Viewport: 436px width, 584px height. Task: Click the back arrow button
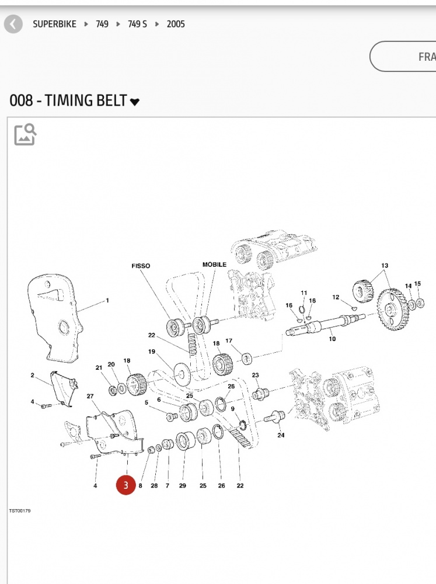[13, 24]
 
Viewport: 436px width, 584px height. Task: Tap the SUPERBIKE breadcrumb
[54, 24]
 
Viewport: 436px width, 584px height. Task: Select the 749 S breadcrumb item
[137, 24]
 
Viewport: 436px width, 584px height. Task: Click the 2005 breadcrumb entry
[176, 24]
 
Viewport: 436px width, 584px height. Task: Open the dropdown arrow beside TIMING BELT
[135, 102]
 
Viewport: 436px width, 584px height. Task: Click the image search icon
[25, 134]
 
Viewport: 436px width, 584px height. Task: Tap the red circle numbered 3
[125, 485]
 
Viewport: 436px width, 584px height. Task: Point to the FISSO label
[141, 266]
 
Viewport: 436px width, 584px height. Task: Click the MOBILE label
[214, 265]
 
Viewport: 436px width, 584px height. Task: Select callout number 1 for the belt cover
[107, 301]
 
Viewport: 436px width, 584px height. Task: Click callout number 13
[385, 266]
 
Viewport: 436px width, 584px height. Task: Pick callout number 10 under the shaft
[332, 339]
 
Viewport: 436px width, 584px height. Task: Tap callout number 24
[281, 435]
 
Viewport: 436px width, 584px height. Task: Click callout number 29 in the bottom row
[183, 485]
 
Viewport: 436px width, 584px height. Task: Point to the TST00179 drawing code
[20, 511]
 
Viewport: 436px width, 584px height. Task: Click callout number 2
[33, 376]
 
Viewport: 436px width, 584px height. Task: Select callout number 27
[90, 397]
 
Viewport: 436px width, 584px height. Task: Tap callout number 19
[152, 352]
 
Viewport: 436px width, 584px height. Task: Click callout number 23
[255, 375]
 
